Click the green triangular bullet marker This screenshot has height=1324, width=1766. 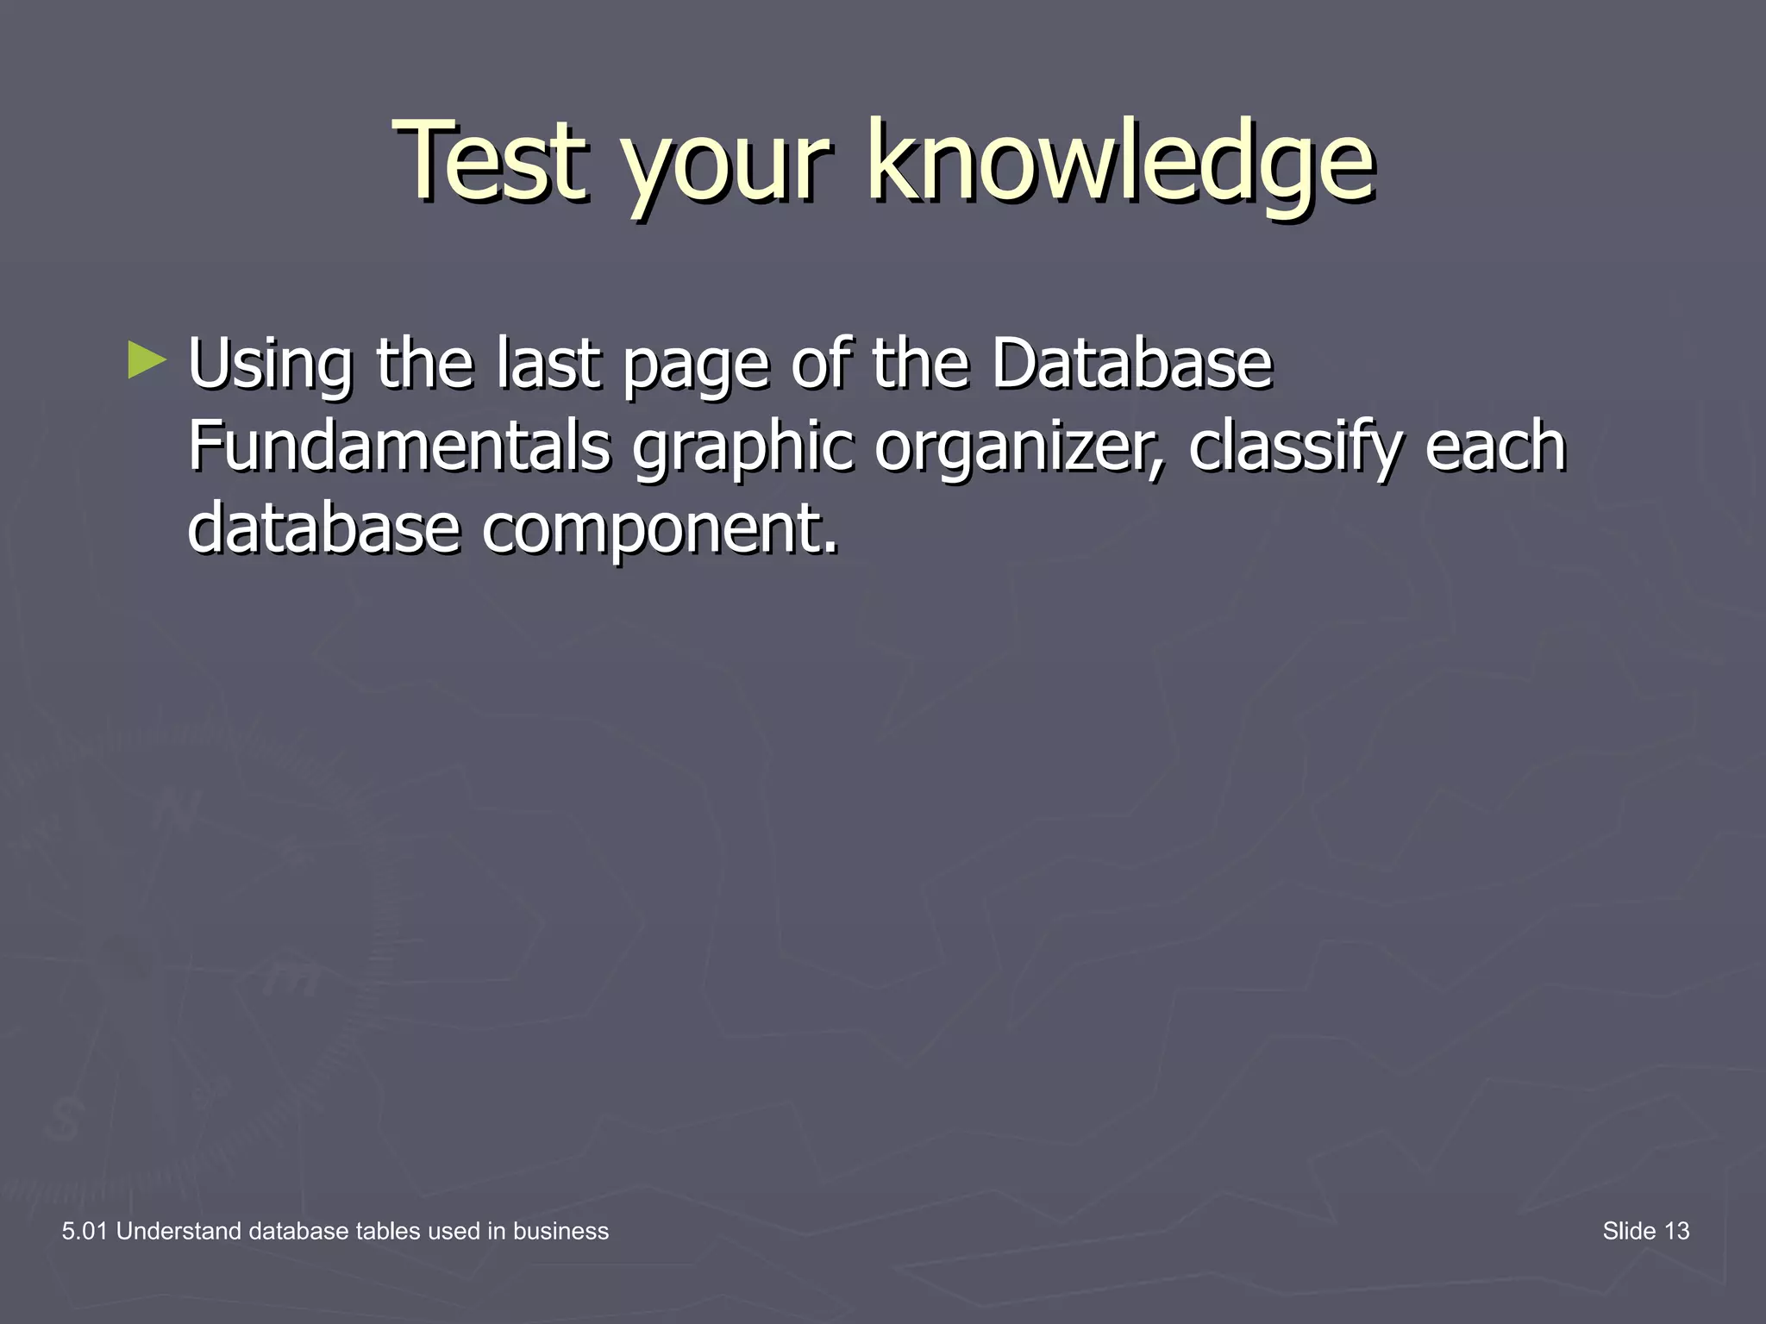(146, 360)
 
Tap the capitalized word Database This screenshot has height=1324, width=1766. (1131, 363)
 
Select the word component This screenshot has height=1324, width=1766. (659, 530)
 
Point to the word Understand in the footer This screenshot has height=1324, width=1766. (178, 1231)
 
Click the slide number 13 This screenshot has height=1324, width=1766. (1676, 1231)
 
